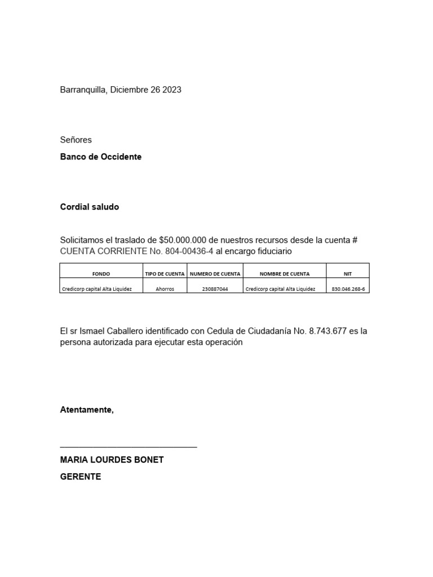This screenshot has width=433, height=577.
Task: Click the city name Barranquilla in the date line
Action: coord(83,90)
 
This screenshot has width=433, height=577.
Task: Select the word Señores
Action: coord(76,140)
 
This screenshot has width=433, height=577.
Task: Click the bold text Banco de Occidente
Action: coord(101,157)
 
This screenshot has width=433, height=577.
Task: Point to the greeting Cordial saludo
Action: coord(90,207)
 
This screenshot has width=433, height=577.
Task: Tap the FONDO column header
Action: coord(101,274)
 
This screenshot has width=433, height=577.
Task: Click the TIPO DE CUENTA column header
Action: coord(165,274)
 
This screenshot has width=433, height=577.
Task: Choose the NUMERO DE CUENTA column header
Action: coord(215,274)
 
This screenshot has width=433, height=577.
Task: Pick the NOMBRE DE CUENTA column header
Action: coord(285,274)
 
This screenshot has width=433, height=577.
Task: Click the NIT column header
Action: coord(348,274)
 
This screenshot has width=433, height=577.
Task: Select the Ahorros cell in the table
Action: coord(165,289)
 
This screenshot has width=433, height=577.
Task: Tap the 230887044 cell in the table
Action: coord(215,289)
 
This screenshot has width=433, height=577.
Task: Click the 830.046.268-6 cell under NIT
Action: coord(348,289)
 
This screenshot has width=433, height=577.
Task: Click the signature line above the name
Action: coord(129,446)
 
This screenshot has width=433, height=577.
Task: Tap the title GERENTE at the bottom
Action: coord(81,477)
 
